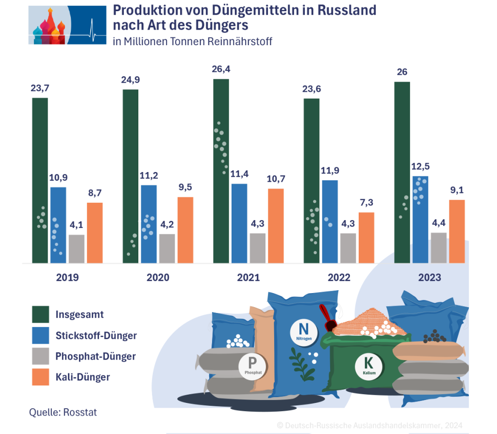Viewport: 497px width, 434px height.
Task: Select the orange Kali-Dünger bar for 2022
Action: click(366, 238)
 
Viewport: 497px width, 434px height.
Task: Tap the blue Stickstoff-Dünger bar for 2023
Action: click(420, 219)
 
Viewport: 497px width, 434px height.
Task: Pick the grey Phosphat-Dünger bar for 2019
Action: click(77, 249)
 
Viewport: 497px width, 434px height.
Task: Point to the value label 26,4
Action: click(221, 69)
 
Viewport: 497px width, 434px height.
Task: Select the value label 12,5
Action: click(420, 167)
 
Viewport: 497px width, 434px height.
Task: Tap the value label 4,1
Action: click(77, 226)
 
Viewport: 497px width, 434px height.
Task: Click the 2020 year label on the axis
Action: click(158, 278)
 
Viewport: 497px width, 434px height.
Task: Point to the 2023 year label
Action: click(429, 278)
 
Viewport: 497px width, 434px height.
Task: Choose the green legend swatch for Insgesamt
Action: click(40, 314)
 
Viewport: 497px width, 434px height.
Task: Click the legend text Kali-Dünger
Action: click(83, 377)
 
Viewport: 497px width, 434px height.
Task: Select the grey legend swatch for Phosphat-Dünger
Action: click(40, 356)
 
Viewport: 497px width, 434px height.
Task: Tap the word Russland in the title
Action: click(347, 10)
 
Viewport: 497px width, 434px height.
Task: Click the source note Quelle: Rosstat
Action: click(63, 412)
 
